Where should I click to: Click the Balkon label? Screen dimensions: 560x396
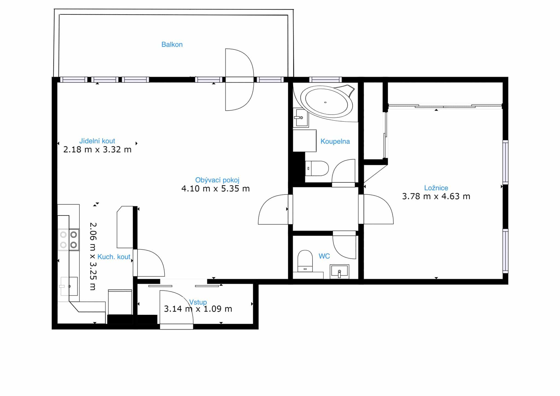click(172, 44)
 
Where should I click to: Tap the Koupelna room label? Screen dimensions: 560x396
click(335, 141)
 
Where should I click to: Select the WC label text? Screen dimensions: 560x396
click(324, 256)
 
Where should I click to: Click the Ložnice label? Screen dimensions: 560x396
click(436, 188)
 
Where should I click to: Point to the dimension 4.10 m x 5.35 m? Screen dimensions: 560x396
click(215, 189)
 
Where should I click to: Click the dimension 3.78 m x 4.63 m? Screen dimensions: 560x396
click(436, 196)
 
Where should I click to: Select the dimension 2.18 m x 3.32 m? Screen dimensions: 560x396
click(97, 150)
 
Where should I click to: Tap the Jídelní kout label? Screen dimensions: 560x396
click(97, 141)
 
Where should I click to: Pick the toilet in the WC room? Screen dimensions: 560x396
click(305, 261)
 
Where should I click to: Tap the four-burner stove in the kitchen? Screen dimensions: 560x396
click(69, 240)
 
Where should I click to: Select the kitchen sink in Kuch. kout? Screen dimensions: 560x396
click(69, 286)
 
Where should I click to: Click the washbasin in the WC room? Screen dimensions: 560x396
click(339, 272)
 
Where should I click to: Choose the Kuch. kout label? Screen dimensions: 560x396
click(114, 257)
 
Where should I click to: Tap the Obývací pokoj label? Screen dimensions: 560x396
click(217, 180)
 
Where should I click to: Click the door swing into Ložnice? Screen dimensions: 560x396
click(378, 209)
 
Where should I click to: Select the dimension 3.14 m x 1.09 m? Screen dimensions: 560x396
click(198, 309)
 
